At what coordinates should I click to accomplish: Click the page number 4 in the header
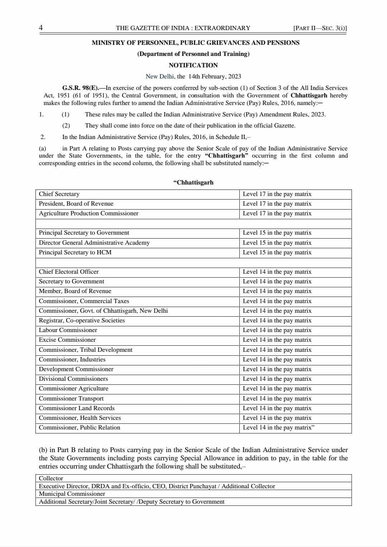coord(41,28)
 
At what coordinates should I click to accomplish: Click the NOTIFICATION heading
coord(193,65)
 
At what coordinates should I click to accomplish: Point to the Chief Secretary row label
coord(59,194)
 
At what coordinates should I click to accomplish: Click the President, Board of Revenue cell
coord(76,203)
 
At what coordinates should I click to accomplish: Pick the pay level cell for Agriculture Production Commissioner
coord(277,213)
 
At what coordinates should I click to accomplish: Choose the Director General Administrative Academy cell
coord(94,243)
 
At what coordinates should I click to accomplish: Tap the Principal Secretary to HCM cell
coord(75,252)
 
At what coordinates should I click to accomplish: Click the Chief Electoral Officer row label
coord(69,272)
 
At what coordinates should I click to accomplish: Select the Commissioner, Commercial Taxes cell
coord(84,301)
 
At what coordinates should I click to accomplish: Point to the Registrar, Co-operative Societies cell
coord(82,320)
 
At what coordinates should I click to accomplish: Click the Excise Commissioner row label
coord(67,340)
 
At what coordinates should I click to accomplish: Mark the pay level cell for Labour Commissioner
coord(277,330)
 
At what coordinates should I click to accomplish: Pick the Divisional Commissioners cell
coord(73,379)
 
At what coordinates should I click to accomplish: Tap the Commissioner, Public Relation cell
coord(80,427)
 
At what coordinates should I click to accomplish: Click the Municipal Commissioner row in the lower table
coord(72,494)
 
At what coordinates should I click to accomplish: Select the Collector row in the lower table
coord(51,478)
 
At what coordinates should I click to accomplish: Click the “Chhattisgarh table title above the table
coord(193,182)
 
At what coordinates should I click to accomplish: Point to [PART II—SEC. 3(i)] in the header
coord(320,28)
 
